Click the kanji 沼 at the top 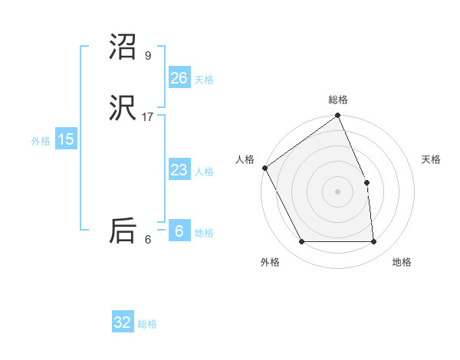pyautogui.click(x=123, y=48)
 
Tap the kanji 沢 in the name pyautogui.click(x=123, y=110)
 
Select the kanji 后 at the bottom pyautogui.click(x=123, y=231)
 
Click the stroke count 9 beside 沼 pyautogui.click(x=148, y=55)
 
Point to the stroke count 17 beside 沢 pyautogui.click(x=148, y=116)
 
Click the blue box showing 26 pyautogui.click(x=179, y=78)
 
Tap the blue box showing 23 pyautogui.click(x=179, y=170)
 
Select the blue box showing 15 pyautogui.click(x=66, y=139)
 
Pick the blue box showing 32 pyautogui.click(x=123, y=322)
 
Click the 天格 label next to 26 pyautogui.click(x=204, y=80)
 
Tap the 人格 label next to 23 pyautogui.click(x=204, y=172)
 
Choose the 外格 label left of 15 pyautogui.click(x=41, y=141)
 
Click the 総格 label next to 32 pyautogui.click(x=147, y=324)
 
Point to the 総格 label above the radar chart pyautogui.click(x=338, y=100)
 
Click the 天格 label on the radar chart pyautogui.click(x=431, y=159)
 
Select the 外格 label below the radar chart pyautogui.click(x=270, y=262)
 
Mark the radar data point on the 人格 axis pyautogui.click(x=264, y=168)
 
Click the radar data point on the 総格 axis pyautogui.click(x=338, y=116)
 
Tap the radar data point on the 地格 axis pyautogui.click(x=374, y=242)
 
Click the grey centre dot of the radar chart pyautogui.click(x=338, y=191)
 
